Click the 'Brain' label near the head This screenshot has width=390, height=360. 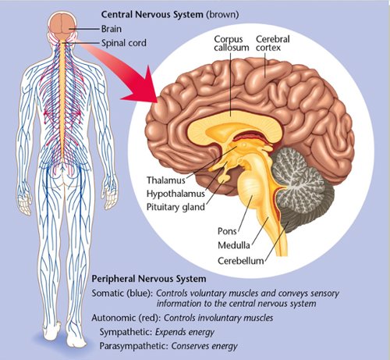pos(112,29)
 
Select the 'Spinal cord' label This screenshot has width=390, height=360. pos(124,43)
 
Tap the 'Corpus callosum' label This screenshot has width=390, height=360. pos(232,43)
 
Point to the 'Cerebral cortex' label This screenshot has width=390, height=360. pos(272,43)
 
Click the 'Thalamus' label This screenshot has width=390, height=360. pos(166,180)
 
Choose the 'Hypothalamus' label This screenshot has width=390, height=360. pos(175,194)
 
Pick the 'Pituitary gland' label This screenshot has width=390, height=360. pos(175,207)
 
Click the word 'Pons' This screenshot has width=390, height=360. pos(227,231)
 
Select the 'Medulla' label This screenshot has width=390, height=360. pos(234,245)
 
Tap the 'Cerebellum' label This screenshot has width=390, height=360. pos(241,261)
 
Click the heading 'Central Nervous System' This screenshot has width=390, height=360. pos(152,14)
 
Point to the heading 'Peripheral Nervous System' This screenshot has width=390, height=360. pos(149,279)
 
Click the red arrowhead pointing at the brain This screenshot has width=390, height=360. pos(142,86)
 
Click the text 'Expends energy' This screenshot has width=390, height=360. pos(185,332)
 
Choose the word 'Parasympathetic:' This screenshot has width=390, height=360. pos(134,346)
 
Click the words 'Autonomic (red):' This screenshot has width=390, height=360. pos(126,318)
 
